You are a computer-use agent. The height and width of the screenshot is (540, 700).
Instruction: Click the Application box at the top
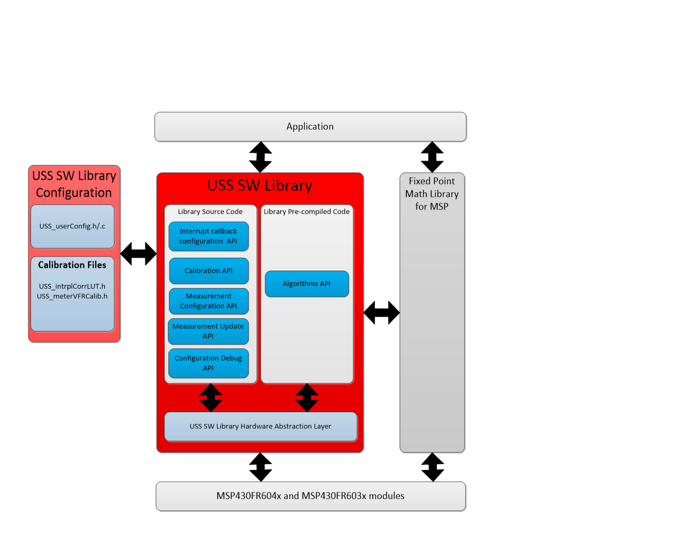point(310,127)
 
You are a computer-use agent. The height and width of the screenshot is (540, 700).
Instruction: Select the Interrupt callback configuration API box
point(209,236)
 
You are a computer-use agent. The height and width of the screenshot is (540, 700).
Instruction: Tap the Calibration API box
point(209,271)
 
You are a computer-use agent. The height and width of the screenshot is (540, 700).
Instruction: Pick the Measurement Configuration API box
point(209,301)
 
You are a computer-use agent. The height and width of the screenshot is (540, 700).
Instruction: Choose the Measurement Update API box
point(208,331)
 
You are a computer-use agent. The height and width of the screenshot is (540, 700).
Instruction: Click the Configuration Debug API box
point(208,363)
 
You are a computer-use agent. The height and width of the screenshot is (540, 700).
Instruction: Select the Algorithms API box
point(306,284)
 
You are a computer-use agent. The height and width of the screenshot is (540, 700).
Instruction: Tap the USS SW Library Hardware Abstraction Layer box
point(260,426)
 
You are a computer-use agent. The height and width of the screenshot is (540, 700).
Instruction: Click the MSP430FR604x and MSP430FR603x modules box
point(310,496)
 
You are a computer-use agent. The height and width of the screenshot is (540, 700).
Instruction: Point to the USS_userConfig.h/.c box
point(72,226)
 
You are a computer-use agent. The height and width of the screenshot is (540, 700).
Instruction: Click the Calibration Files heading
point(72,265)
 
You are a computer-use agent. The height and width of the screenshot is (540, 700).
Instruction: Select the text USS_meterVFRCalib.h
point(72,296)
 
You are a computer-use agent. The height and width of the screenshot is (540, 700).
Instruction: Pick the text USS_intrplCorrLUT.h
point(72,287)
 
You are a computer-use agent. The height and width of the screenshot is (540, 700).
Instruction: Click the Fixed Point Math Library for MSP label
point(432,194)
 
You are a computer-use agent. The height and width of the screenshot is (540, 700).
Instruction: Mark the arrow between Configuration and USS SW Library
point(139,254)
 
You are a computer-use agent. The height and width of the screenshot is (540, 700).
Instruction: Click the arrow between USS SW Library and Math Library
point(382,313)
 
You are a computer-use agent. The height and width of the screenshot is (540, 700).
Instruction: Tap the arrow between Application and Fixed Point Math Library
point(432,157)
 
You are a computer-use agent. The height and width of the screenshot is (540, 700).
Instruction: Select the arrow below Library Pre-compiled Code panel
point(307,398)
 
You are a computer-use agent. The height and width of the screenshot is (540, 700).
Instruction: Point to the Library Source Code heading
point(210,212)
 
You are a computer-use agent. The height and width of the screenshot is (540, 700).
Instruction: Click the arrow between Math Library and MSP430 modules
point(433,467)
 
